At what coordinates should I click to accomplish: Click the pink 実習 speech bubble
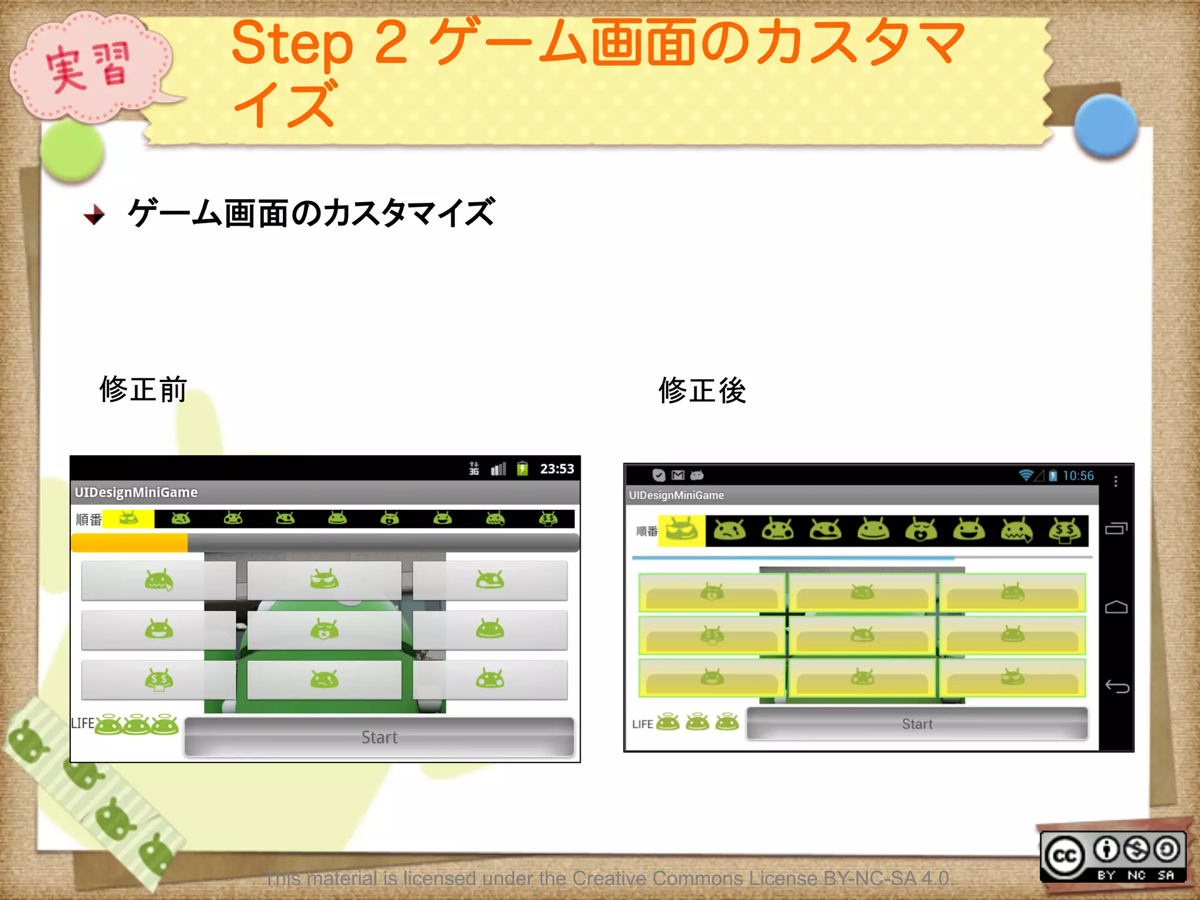(x=88, y=67)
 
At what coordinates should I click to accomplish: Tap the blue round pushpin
(x=1106, y=126)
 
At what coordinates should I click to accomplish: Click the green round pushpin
(x=72, y=151)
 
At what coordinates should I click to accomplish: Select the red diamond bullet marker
(x=94, y=214)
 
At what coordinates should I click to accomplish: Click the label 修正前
(x=143, y=390)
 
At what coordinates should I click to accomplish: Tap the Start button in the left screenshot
(x=379, y=737)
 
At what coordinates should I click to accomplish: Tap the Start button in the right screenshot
(x=917, y=724)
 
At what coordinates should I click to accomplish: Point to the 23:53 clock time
(x=557, y=469)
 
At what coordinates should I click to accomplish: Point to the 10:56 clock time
(x=1078, y=476)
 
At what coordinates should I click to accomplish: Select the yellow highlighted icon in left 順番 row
(x=128, y=519)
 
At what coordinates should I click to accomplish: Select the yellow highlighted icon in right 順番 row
(x=681, y=531)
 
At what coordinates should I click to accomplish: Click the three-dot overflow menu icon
(x=1116, y=481)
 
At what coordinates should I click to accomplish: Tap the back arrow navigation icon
(x=1116, y=686)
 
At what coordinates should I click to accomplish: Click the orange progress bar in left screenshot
(x=129, y=543)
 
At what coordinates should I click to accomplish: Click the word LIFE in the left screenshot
(x=83, y=724)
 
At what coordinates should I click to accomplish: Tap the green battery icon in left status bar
(x=522, y=469)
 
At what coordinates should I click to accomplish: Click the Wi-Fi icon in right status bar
(x=1025, y=475)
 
